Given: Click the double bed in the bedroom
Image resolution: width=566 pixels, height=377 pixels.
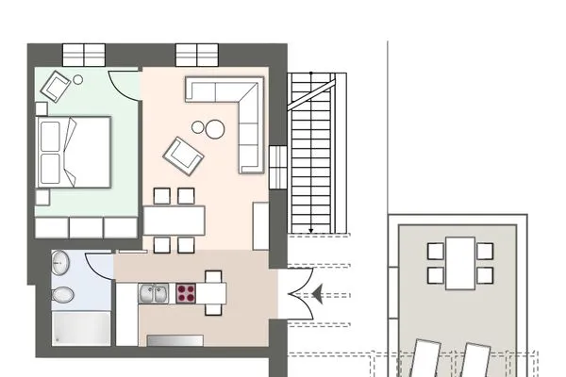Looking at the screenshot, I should [x=73, y=152].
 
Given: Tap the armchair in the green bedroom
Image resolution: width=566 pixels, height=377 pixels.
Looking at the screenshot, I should [x=57, y=87].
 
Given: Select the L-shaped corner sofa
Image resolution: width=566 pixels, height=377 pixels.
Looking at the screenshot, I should [x=231, y=113].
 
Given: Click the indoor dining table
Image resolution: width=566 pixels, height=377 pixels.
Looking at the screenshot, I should [x=174, y=221].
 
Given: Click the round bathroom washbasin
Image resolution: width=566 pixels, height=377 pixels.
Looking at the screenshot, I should [x=60, y=264].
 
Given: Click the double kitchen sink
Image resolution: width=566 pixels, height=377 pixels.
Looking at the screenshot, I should [x=154, y=293].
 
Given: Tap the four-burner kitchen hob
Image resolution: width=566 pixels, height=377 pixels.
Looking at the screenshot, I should [x=183, y=293].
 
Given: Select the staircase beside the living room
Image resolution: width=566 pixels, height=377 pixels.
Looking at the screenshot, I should [x=311, y=151].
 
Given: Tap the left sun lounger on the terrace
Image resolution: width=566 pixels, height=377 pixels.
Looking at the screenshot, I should [x=423, y=363].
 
